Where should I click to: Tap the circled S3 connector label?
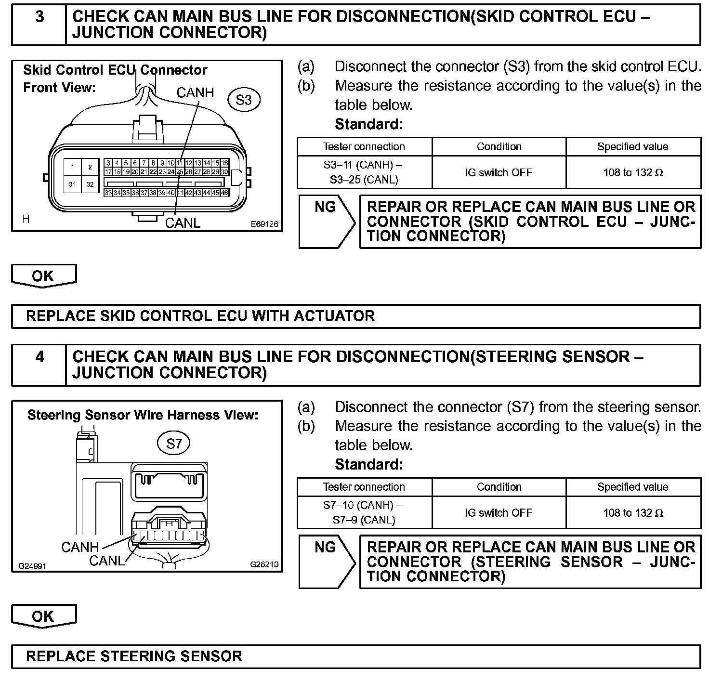click(x=244, y=100)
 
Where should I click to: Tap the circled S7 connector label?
click(x=174, y=443)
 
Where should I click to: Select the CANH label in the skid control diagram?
click(x=195, y=92)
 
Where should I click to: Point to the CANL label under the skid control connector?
click(x=183, y=223)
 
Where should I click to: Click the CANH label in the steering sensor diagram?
click(x=80, y=547)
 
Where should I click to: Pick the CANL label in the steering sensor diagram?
click(x=106, y=561)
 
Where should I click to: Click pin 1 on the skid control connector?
click(x=72, y=168)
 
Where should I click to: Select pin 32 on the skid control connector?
click(x=90, y=184)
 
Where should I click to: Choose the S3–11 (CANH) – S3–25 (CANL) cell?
click(x=364, y=172)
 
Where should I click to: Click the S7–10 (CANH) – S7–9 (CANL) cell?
click(x=364, y=513)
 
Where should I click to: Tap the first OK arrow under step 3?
click(x=43, y=276)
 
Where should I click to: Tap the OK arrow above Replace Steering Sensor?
click(x=43, y=616)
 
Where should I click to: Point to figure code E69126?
click(x=264, y=224)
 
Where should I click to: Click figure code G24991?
click(x=32, y=566)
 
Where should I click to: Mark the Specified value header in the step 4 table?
click(x=632, y=487)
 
